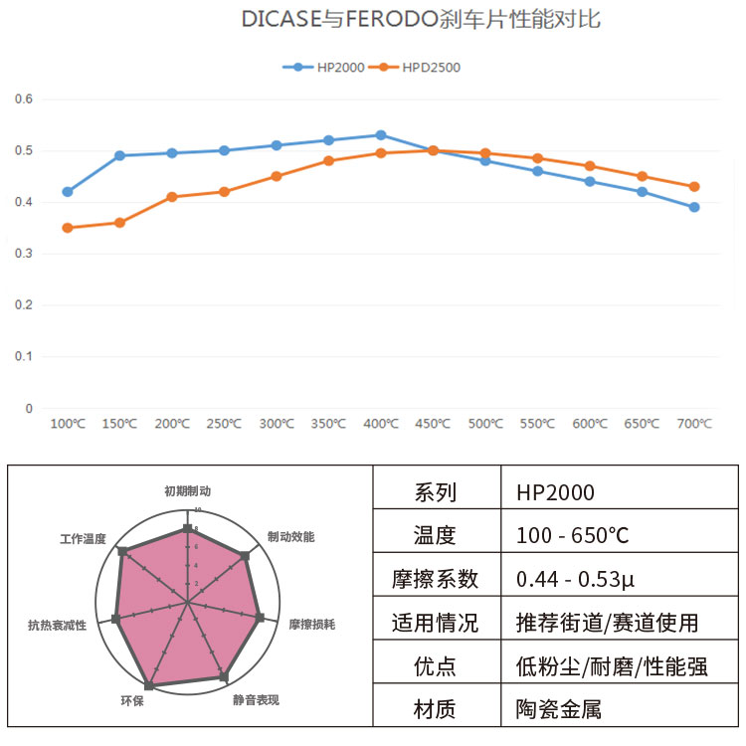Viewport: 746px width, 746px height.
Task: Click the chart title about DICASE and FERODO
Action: [x=421, y=20]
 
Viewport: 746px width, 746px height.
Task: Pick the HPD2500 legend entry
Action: [x=424, y=68]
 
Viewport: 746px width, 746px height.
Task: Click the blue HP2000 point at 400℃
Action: [x=381, y=135]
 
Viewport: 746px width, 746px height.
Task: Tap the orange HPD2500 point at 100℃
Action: [x=68, y=228]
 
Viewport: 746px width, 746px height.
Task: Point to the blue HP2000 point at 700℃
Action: [x=694, y=207]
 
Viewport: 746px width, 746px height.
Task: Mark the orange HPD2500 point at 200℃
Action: [x=172, y=197]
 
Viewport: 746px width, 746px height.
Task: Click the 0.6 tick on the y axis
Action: [x=24, y=99]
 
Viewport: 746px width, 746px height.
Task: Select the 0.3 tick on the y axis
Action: [x=24, y=254]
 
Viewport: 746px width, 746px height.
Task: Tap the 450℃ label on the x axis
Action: [x=433, y=424]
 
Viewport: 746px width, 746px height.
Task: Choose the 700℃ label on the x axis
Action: [x=694, y=424]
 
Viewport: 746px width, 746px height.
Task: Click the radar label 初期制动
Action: [x=187, y=491]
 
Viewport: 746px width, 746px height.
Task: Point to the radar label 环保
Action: [x=132, y=701]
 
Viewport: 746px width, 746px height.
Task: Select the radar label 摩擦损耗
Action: [x=311, y=625]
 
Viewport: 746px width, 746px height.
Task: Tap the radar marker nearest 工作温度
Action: [x=122, y=551]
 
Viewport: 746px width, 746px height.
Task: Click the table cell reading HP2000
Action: [x=556, y=492]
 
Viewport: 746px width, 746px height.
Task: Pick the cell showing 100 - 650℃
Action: [x=573, y=535]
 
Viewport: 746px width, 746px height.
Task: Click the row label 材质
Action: [x=435, y=709]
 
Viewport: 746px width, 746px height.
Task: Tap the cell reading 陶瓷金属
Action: [x=559, y=709]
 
